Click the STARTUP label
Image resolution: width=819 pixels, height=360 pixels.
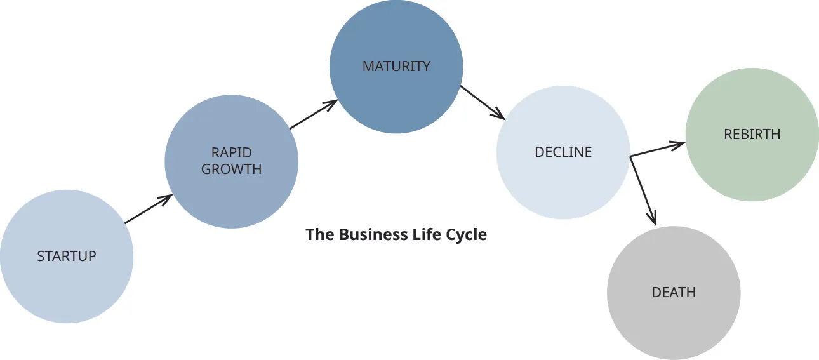(67, 257)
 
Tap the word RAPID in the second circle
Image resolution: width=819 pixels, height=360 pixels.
(231, 153)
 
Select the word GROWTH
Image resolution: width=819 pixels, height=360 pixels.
(231, 170)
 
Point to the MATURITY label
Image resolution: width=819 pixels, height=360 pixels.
(396, 66)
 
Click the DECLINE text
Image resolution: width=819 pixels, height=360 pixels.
(563, 152)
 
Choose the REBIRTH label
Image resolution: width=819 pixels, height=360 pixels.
(752, 135)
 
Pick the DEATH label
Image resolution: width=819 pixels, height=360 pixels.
(674, 293)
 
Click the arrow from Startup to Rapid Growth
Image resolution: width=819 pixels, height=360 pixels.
(149, 210)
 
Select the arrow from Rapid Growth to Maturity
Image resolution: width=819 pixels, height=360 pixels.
(312, 115)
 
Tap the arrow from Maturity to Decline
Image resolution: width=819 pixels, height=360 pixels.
(482, 103)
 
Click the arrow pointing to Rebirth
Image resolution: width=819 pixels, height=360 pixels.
(657, 149)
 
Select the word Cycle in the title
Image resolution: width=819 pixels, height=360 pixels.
(466, 235)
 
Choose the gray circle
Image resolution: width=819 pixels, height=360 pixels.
(674, 317)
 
